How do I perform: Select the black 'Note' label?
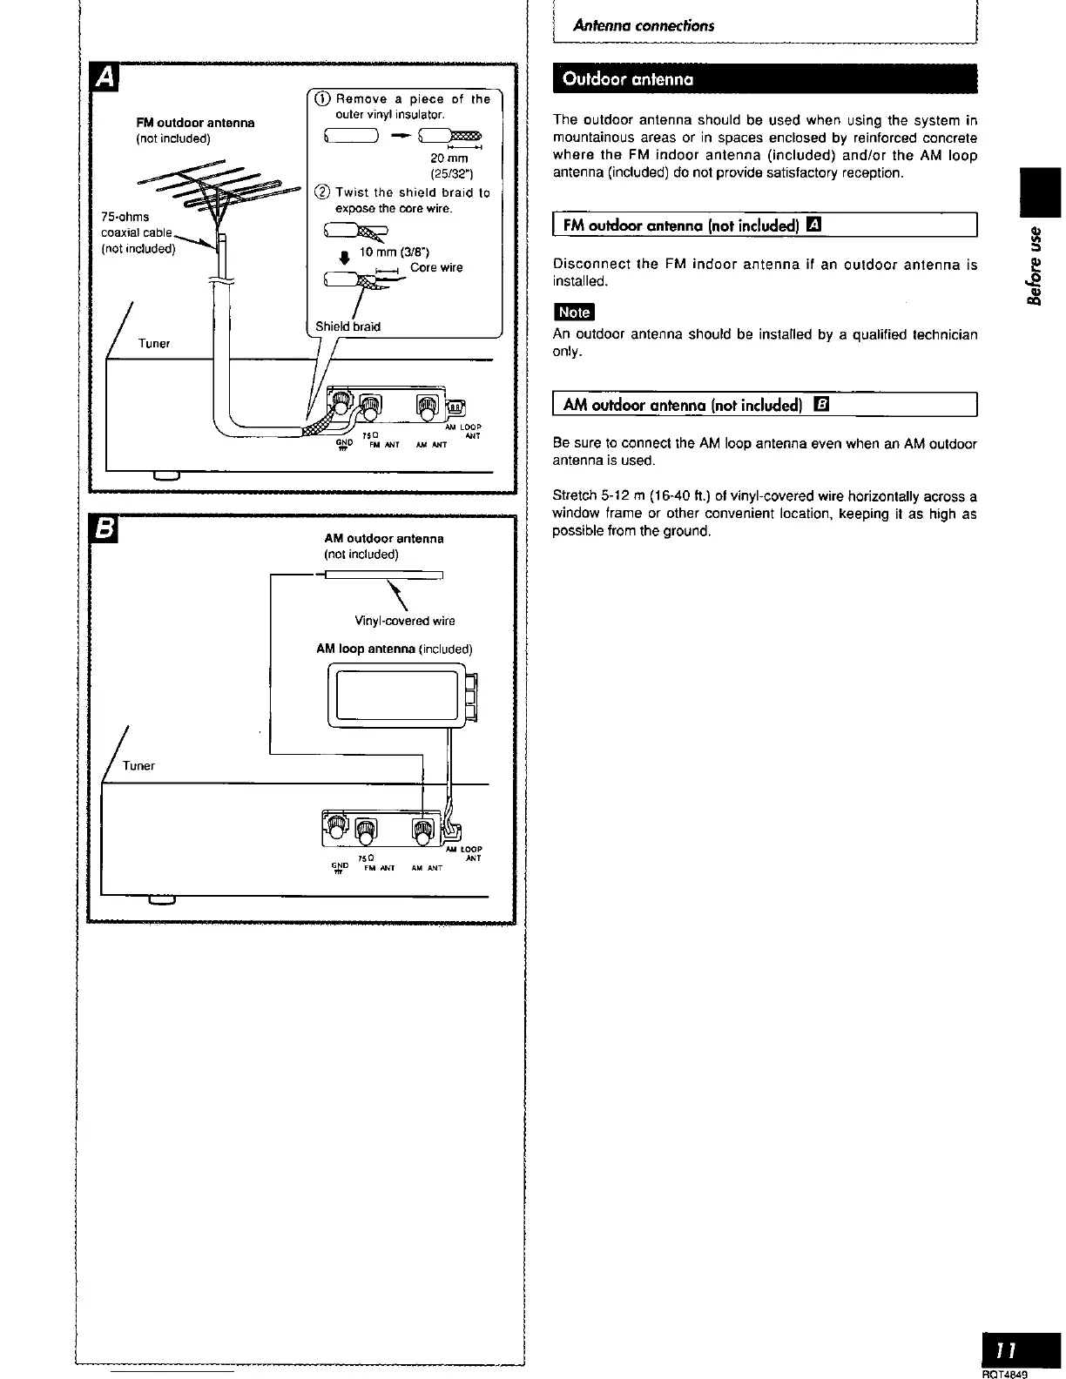click(573, 313)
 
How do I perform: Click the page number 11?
click(1008, 1350)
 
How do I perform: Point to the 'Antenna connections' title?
click(644, 26)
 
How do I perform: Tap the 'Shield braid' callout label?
click(347, 326)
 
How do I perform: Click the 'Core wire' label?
click(436, 267)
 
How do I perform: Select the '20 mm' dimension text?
click(449, 158)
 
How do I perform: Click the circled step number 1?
click(323, 99)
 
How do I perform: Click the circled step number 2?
click(323, 192)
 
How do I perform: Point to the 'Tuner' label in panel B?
click(138, 765)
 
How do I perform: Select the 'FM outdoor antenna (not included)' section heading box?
click(765, 225)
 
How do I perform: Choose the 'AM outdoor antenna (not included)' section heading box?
click(765, 406)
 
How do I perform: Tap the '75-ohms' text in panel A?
click(125, 216)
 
